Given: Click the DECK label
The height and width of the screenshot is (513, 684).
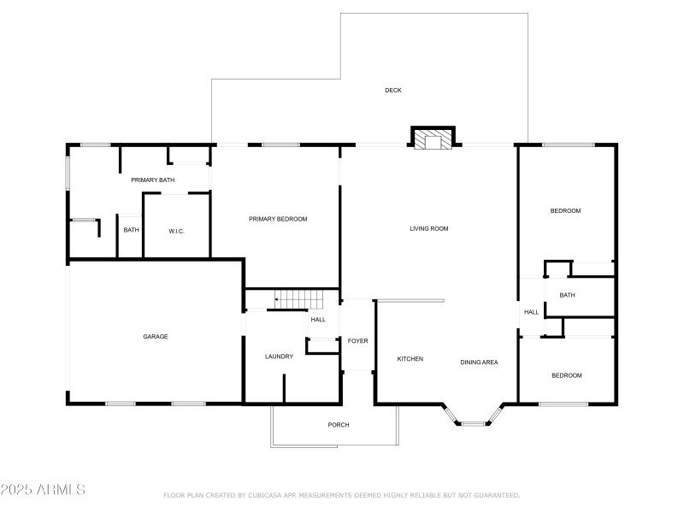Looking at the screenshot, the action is [393, 91].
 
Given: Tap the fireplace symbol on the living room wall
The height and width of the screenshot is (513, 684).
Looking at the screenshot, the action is [433, 139].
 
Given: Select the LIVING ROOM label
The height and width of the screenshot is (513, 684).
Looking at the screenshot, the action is [429, 228].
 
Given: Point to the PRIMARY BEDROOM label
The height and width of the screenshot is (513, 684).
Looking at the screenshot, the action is [278, 219].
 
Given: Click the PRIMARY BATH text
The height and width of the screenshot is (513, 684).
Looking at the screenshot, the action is [153, 180].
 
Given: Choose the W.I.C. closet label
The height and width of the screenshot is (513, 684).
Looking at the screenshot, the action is [176, 231].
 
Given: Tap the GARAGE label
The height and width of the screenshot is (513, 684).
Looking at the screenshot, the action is [156, 336].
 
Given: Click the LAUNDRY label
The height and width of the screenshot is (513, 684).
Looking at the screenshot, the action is [279, 357].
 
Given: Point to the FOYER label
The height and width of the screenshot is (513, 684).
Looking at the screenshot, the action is [357, 340].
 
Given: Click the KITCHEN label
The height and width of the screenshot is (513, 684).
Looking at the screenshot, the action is [410, 358].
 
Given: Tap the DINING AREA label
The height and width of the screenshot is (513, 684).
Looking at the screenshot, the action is [479, 362].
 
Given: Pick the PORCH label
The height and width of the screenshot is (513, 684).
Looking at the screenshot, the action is [339, 424].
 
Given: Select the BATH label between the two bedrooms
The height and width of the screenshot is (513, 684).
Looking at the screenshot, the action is [567, 295].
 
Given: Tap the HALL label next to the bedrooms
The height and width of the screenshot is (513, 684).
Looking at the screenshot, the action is [531, 312].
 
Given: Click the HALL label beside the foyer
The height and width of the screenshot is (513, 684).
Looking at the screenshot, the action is [318, 319].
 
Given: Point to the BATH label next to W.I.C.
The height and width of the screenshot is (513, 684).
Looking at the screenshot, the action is [131, 230].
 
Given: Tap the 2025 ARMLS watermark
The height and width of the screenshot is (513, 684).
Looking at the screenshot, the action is [43, 489].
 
